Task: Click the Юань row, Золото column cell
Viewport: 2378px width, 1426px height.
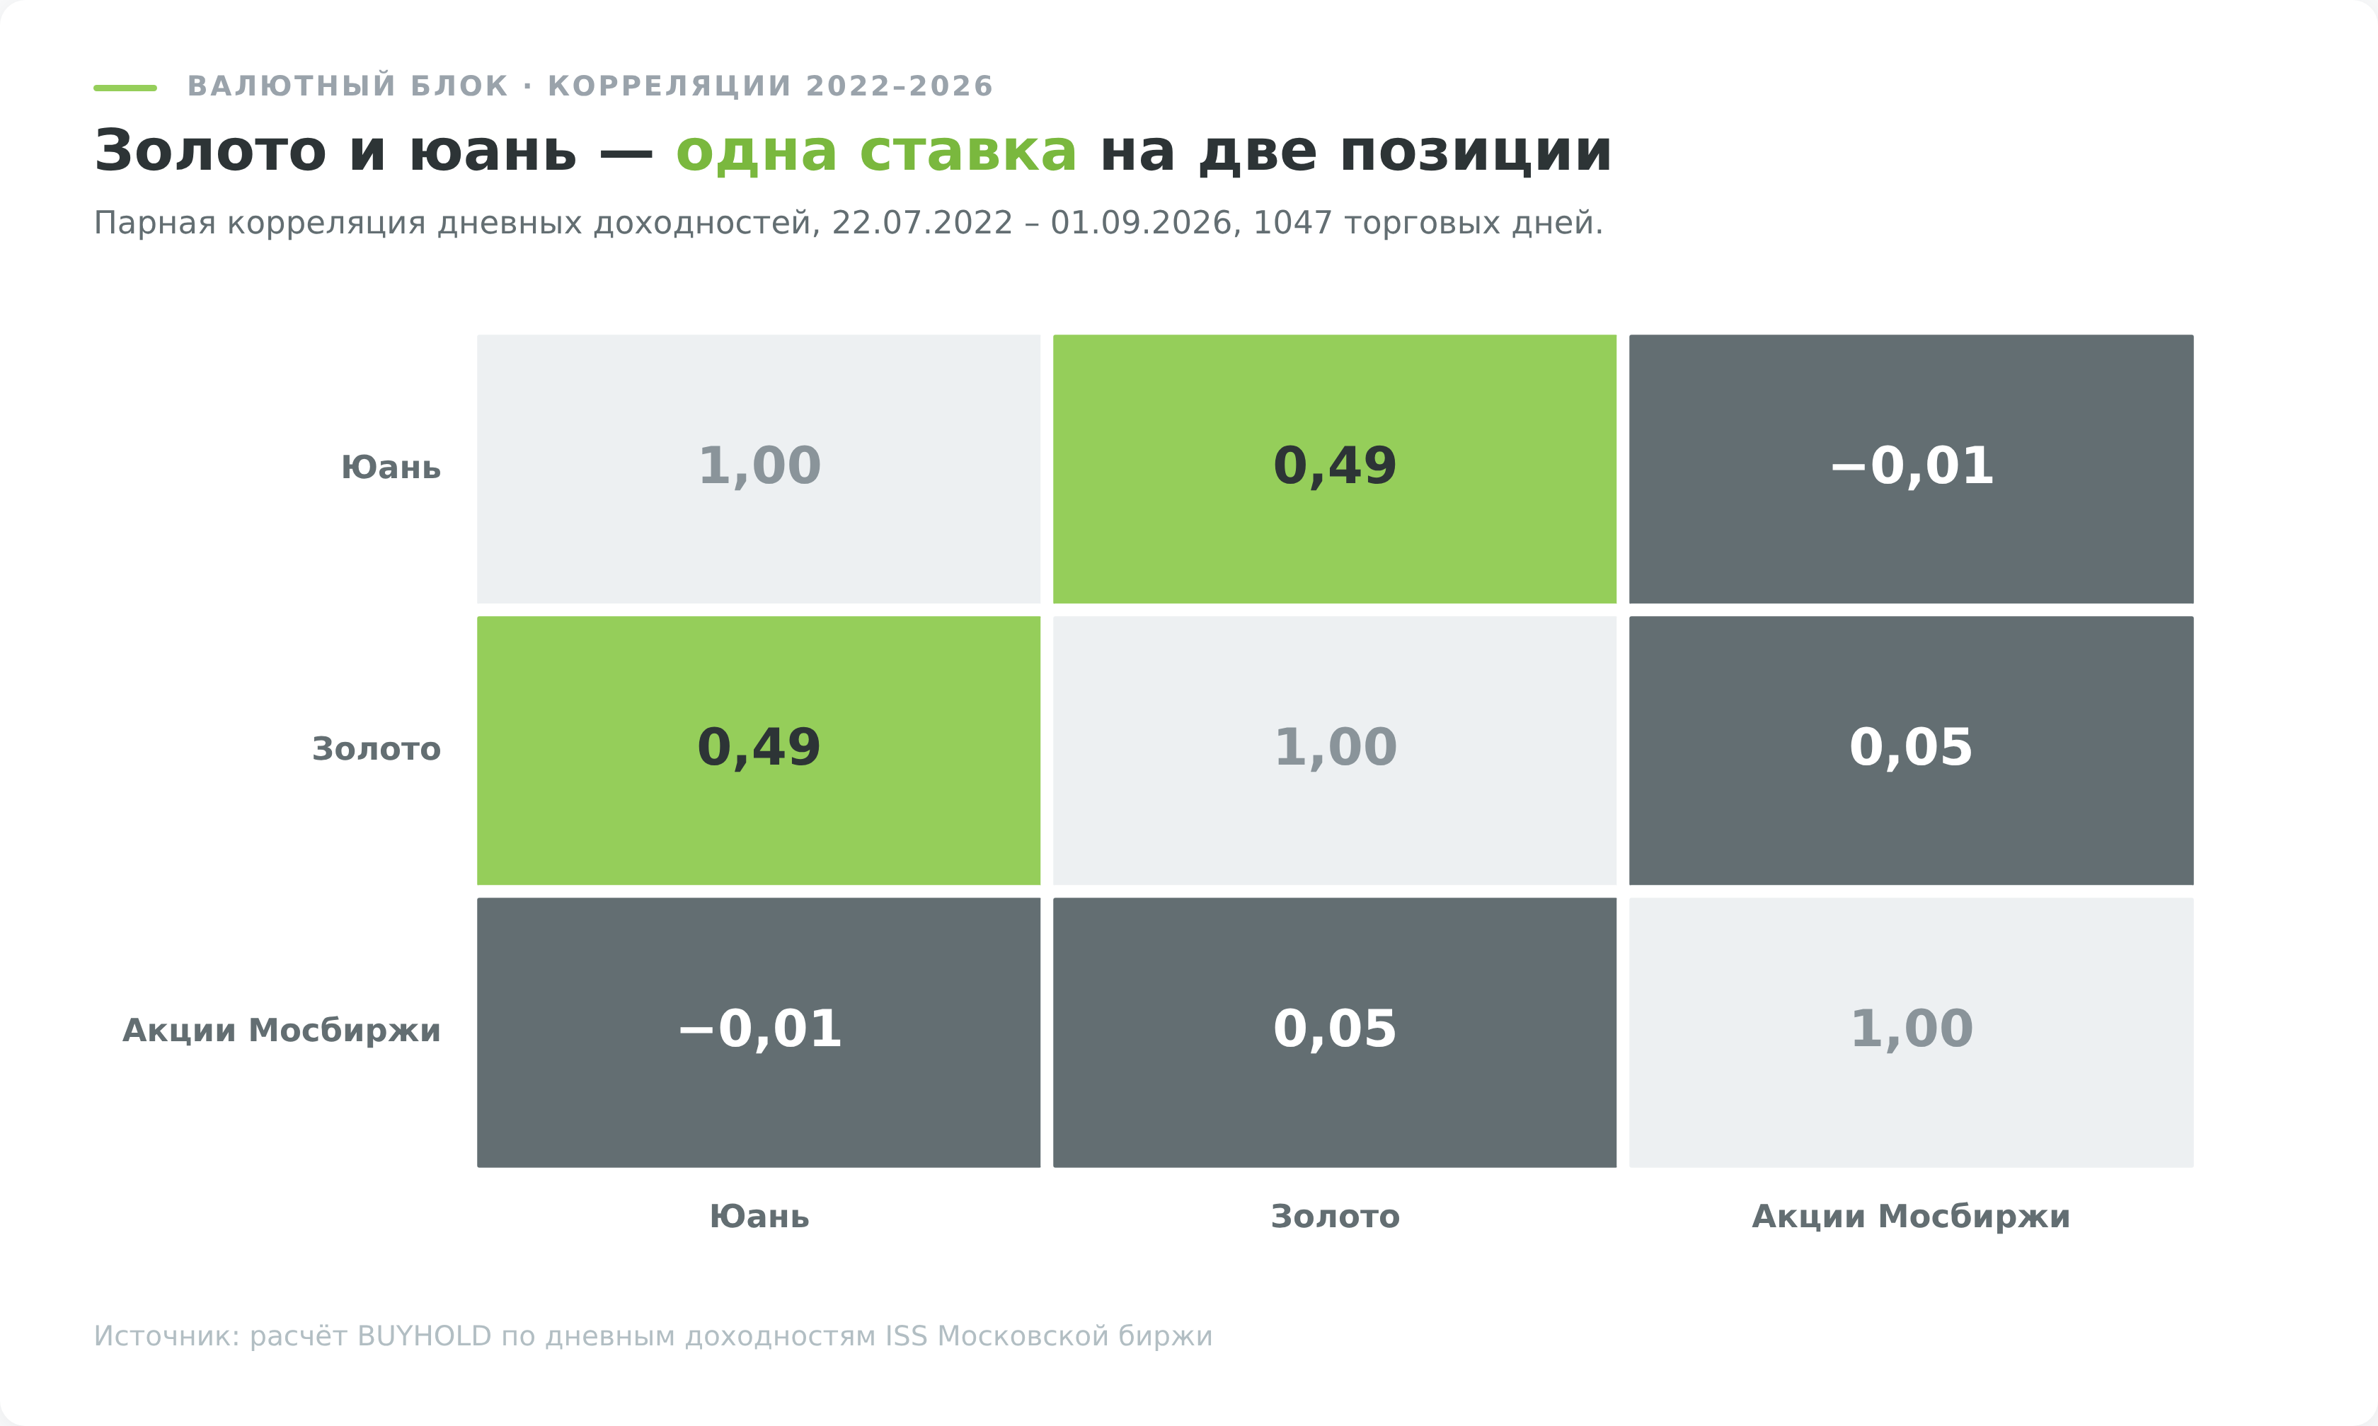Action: [x=1334, y=469]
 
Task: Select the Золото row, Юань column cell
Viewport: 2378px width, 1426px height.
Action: [x=759, y=750]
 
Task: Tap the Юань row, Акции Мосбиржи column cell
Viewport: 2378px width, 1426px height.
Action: [x=1911, y=469]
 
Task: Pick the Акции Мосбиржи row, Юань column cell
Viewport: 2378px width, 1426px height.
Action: [x=759, y=1033]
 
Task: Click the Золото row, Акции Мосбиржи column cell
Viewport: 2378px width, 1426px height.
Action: [x=1911, y=750]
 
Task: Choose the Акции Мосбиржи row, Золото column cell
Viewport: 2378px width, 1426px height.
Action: [x=1334, y=1033]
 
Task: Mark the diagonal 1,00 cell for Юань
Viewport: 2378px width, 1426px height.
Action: [x=759, y=469]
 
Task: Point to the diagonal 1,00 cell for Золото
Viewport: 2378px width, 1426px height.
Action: [x=1334, y=750]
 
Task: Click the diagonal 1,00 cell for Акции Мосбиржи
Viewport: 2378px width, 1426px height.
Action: [x=1911, y=1033]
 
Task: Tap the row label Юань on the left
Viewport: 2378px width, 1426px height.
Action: [x=391, y=468]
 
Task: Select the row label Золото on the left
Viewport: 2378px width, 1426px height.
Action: [x=377, y=750]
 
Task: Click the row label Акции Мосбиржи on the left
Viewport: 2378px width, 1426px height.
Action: [x=282, y=1031]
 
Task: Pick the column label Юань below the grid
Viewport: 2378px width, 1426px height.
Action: [x=759, y=1217]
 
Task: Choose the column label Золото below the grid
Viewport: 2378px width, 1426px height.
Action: [x=1335, y=1217]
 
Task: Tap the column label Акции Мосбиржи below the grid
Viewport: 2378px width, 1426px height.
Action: [x=1911, y=1217]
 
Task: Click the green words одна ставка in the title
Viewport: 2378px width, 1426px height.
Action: [x=875, y=152]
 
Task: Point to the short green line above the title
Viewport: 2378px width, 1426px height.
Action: [x=125, y=88]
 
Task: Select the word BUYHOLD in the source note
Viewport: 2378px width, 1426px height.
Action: [x=424, y=1337]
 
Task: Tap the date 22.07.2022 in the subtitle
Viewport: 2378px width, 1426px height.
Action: [x=921, y=223]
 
